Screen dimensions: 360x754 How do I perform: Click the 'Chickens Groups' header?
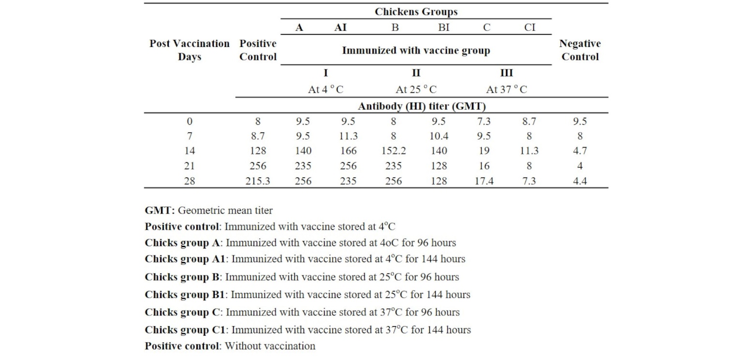416,12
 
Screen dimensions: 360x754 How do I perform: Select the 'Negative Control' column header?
579,50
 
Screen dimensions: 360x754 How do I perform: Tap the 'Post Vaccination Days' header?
189,50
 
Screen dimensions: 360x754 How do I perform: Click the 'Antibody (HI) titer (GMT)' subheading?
421,106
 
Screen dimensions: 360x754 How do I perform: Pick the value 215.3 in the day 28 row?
258,181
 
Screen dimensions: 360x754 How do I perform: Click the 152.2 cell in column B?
394,151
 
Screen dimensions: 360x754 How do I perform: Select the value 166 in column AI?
348,151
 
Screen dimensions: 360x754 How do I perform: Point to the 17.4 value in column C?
484,181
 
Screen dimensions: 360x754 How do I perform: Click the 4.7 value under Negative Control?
579,151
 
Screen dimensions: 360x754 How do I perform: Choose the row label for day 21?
189,166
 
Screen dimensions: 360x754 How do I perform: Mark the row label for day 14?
189,151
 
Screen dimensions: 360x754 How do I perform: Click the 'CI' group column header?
530,28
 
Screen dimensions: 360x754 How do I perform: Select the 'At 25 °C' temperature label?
416,90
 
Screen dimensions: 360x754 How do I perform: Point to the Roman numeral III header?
506,74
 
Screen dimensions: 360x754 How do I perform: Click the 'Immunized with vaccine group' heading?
416,50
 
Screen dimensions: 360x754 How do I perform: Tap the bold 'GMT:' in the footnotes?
160,210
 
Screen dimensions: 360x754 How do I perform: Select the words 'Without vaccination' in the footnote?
270,346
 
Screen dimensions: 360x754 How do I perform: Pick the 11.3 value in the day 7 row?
348,136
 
